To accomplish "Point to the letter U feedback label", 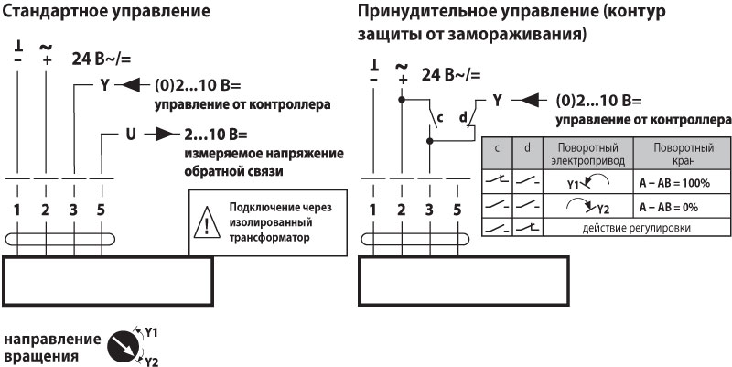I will click(x=130, y=134).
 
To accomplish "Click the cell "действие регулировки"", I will click(x=630, y=228).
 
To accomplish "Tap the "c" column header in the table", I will click(x=496, y=147).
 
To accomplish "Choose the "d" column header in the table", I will click(x=526, y=147).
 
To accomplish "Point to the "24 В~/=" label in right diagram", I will click(x=450, y=75).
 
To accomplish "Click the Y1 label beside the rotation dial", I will click(x=152, y=331).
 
